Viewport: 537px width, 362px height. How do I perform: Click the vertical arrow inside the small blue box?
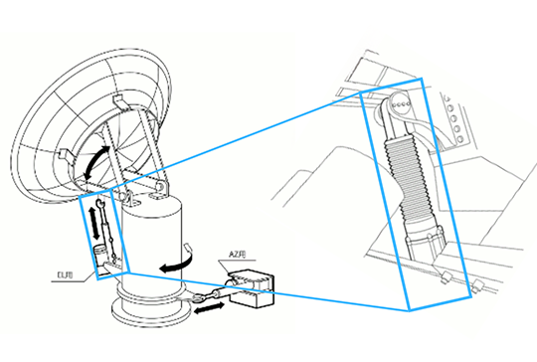[97, 219]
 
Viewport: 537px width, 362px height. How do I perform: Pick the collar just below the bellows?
[429, 245]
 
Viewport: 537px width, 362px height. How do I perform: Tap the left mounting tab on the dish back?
[61, 152]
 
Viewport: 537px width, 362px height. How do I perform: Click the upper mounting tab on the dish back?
[116, 99]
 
